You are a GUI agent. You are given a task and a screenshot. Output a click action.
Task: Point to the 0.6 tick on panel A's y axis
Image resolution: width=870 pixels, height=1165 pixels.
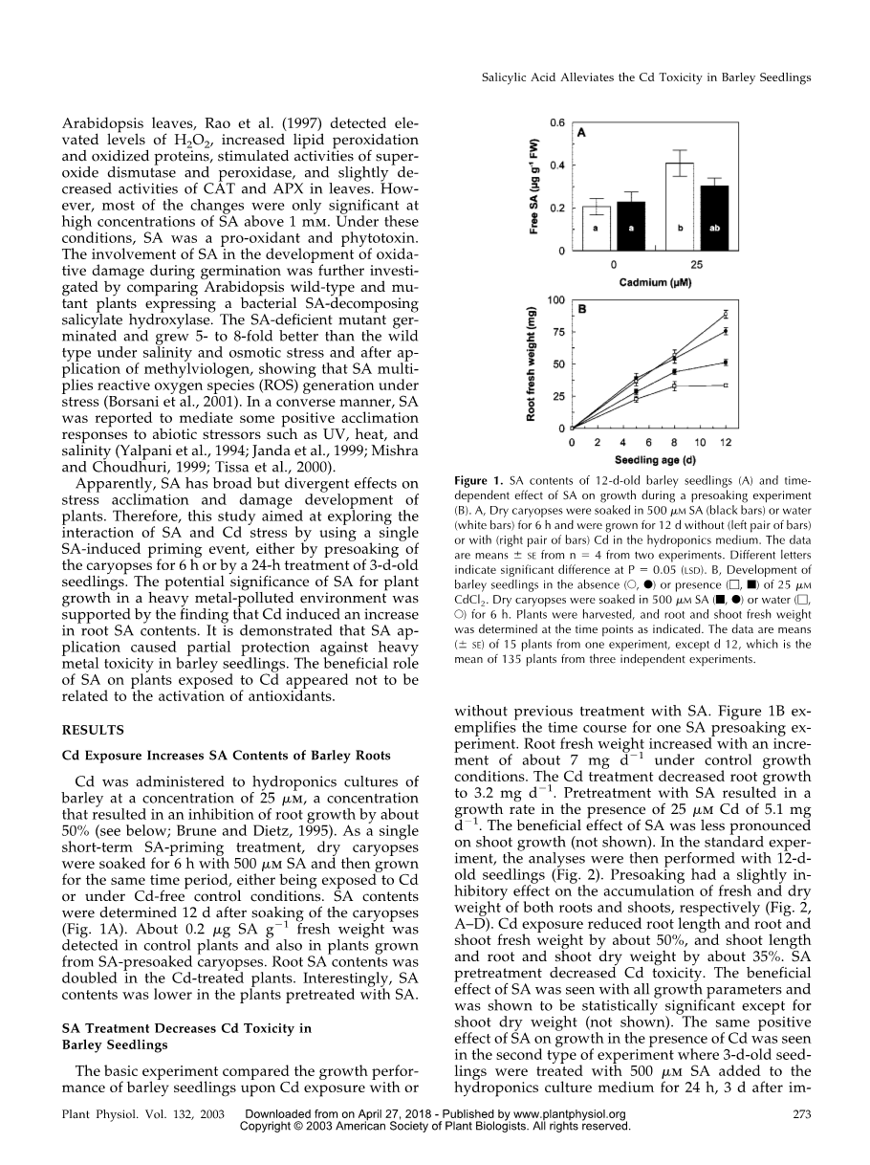point(555,122)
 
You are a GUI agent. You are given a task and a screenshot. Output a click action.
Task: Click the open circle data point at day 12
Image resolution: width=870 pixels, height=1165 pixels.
point(726,314)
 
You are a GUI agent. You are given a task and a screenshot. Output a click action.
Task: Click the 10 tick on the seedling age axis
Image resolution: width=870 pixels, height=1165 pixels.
point(700,443)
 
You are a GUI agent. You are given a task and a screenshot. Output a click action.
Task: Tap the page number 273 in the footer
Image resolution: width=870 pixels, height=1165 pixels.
point(801,1113)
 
